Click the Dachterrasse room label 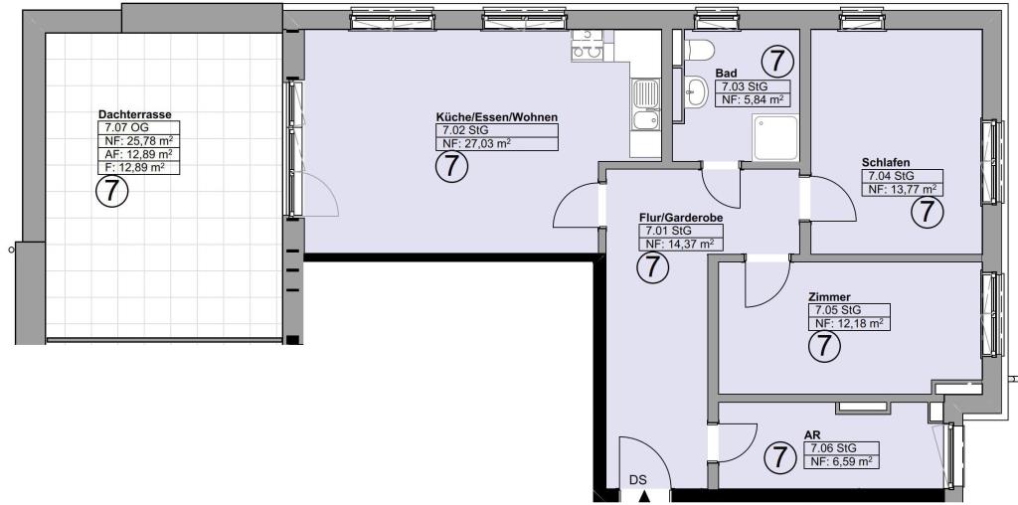(135, 114)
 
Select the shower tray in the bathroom (775, 137)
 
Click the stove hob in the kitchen (588, 46)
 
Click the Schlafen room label (886, 162)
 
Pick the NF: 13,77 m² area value (902, 190)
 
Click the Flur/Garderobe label (680, 218)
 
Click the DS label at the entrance (638, 481)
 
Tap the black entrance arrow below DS (643, 497)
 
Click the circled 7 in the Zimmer (824, 345)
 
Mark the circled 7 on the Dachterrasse (111, 191)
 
